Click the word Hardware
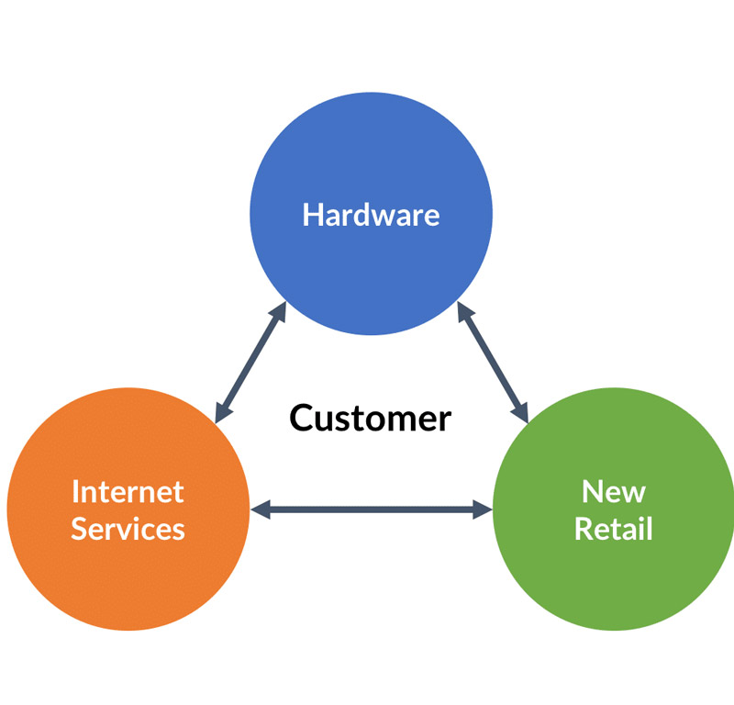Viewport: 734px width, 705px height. point(371,215)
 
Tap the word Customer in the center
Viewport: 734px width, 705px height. point(371,419)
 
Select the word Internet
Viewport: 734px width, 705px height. point(128,491)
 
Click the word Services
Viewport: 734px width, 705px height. point(128,529)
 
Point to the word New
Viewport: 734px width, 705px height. point(613,491)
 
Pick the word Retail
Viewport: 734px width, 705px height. point(613,529)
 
